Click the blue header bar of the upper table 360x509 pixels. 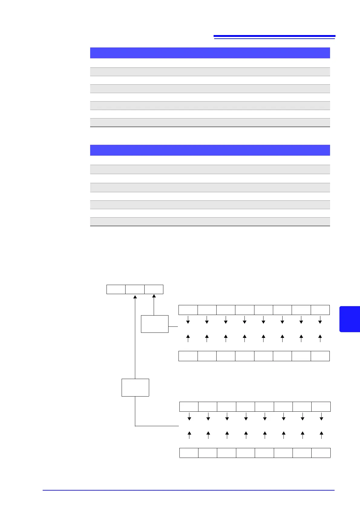pyautogui.click(x=210, y=53)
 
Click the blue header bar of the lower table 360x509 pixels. pyautogui.click(x=210, y=150)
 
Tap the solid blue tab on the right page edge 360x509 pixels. pyautogui.click(x=350, y=319)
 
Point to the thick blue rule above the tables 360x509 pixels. pyautogui.click(x=274, y=36)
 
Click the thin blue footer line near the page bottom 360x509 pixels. pyautogui.click(x=188, y=490)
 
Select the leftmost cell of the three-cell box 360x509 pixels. pyautogui.click(x=116, y=289)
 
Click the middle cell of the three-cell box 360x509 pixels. pyautogui.click(x=135, y=289)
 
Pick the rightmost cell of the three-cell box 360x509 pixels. pyautogui.click(x=154, y=289)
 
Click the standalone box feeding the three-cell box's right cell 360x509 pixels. pyautogui.click(x=155, y=324)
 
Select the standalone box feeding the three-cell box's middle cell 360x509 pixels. pyautogui.click(x=135, y=387)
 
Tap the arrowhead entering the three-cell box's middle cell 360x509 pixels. pyautogui.click(x=135, y=297)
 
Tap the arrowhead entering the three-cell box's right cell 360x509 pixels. pyautogui.click(x=154, y=297)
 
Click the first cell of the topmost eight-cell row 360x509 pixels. pyautogui.click(x=188, y=310)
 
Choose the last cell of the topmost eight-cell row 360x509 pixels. pyautogui.click(x=320, y=310)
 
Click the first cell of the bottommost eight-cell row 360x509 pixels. pyautogui.click(x=189, y=453)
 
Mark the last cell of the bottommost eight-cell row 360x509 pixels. pyautogui.click(x=321, y=453)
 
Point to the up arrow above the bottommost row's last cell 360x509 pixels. pyautogui.click(x=321, y=435)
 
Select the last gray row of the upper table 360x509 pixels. pyautogui.click(x=210, y=122)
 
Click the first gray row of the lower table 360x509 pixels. pyautogui.click(x=210, y=169)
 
